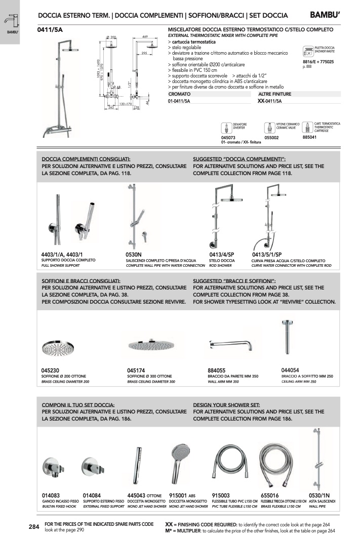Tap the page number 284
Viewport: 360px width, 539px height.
point(34,527)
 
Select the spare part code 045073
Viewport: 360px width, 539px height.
point(229,137)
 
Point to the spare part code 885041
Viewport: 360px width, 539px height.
point(309,137)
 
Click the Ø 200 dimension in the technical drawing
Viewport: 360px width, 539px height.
point(111,37)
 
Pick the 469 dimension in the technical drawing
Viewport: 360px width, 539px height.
point(145,37)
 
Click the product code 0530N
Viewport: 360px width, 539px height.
point(134,255)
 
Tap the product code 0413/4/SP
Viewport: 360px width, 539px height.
point(222,255)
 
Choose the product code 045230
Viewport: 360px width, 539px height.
point(52,370)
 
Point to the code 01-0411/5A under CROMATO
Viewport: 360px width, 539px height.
point(179,101)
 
